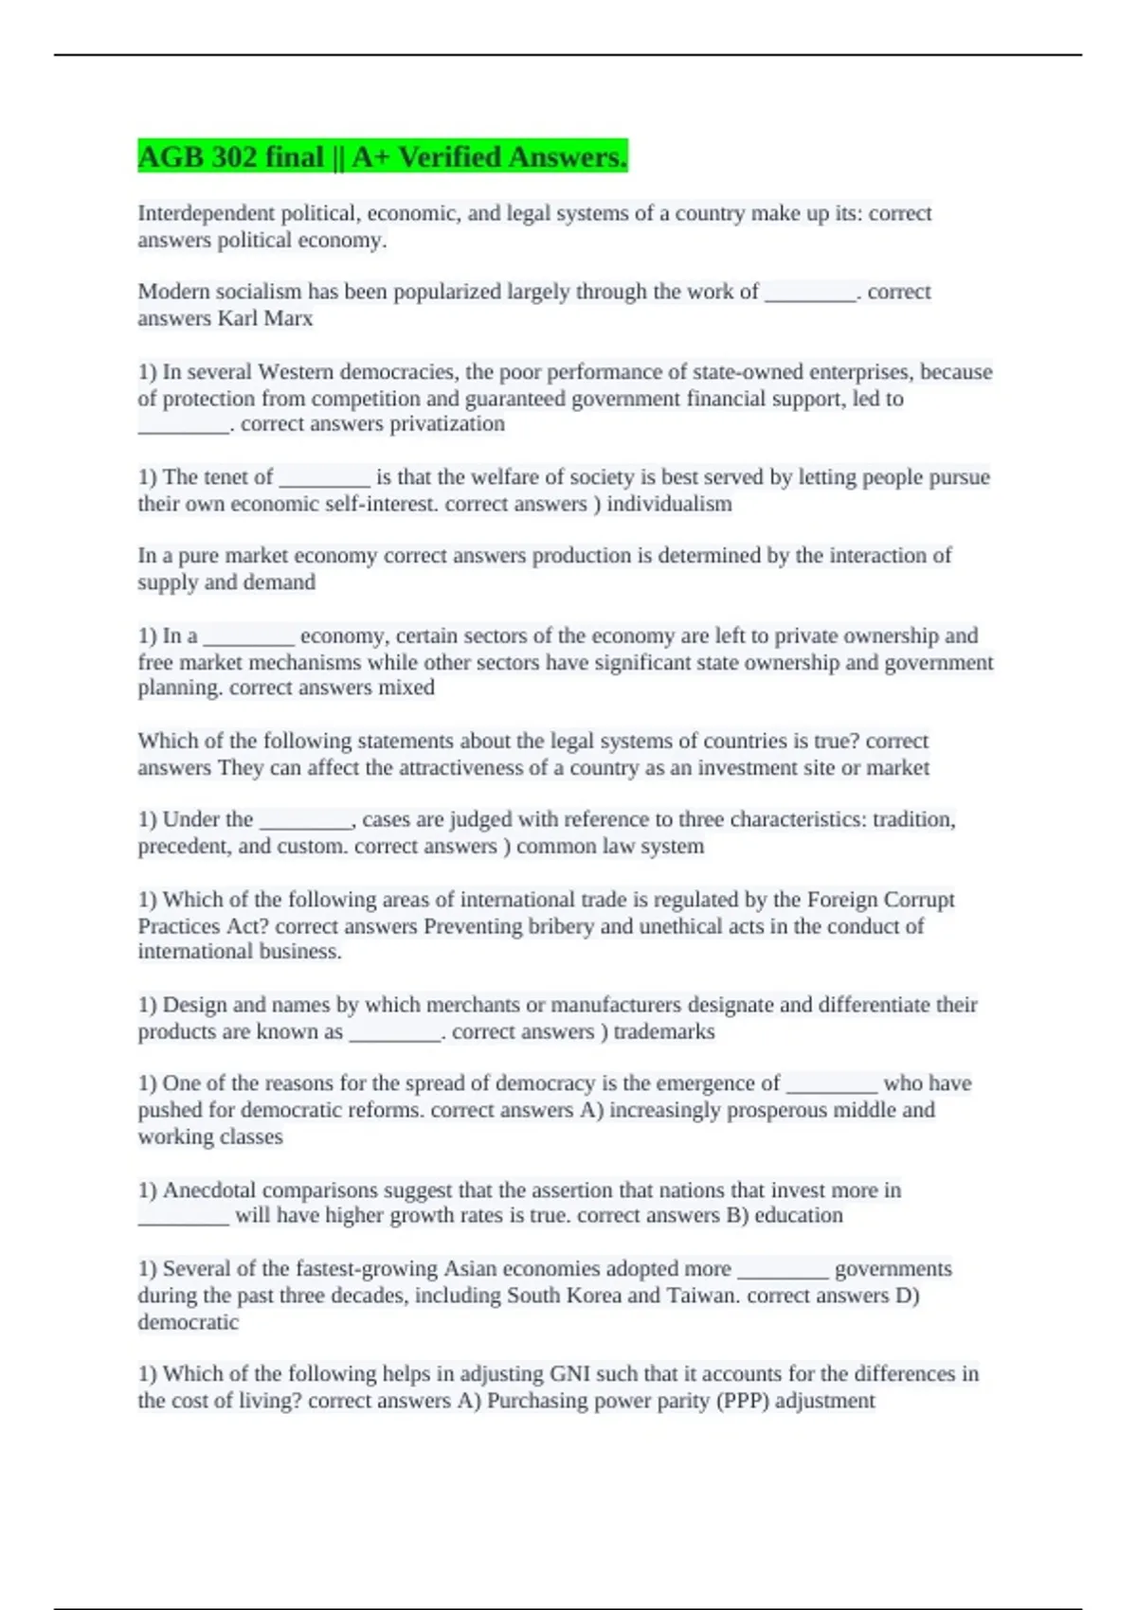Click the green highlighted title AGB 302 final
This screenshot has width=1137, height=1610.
click(382, 156)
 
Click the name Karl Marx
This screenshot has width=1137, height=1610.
click(265, 318)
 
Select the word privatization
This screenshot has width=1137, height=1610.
click(447, 423)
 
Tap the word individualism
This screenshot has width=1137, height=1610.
click(669, 504)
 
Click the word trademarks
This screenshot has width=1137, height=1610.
click(663, 1031)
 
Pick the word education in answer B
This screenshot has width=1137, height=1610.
click(798, 1215)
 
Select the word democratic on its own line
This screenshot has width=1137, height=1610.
click(188, 1322)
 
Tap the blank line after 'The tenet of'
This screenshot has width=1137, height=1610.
click(324, 477)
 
